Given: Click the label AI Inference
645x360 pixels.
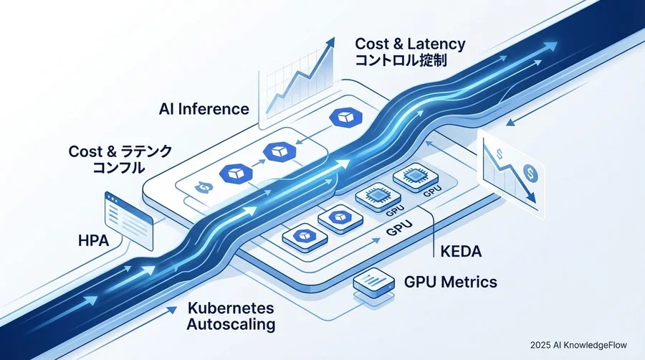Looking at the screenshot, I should [x=204, y=110].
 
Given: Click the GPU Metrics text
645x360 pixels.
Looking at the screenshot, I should [x=449, y=282].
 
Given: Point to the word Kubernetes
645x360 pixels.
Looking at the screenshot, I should [x=231, y=308].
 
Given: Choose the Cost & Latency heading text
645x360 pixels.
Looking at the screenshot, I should [x=403, y=44].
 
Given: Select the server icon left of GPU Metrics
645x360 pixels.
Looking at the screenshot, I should [x=372, y=283].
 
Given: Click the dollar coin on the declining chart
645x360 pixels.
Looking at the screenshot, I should [x=530, y=172].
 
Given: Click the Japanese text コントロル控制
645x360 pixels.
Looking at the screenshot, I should [x=401, y=61].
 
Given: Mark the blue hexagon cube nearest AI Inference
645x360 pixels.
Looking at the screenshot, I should [x=338, y=119].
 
